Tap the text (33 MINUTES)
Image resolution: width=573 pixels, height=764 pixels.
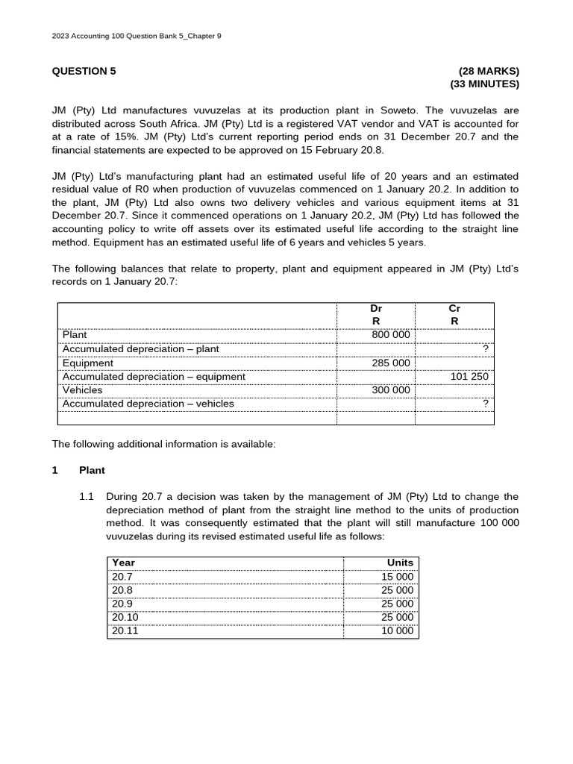(484, 84)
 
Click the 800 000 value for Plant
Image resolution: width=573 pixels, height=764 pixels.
(391, 335)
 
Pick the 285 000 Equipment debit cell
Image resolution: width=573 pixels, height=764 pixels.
(391, 363)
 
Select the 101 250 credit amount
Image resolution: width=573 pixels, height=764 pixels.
(469, 377)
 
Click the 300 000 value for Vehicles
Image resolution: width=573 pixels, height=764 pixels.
(391, 390)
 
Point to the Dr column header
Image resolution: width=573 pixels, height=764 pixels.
(376, 307)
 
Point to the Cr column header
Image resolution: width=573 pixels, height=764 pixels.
(454, 307)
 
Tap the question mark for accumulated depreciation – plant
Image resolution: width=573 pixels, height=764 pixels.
(485, 349)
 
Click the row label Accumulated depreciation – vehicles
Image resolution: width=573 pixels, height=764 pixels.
(148, 404)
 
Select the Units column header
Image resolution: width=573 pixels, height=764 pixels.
(400, 563)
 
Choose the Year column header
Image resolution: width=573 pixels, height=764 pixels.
(124, 563)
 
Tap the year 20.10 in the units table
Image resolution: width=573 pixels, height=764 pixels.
(125, 617)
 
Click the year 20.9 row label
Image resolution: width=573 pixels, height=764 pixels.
(122, 604)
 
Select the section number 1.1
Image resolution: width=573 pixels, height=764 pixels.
(87, 497)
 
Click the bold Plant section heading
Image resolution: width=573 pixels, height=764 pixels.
(92, 471)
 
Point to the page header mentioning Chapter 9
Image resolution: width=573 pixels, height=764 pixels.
(137, 35)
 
